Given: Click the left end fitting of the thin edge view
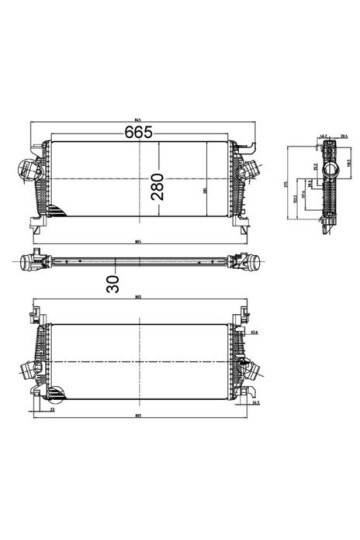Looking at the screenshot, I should tap(31, 263).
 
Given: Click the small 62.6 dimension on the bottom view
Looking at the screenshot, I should tap(254, 333).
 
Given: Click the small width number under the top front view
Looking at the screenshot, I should tap(140, 238).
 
